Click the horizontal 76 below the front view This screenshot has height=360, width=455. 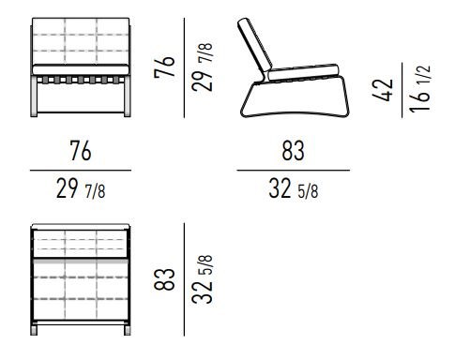80,151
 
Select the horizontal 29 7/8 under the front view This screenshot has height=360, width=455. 80,190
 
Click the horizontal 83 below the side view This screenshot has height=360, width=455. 294,151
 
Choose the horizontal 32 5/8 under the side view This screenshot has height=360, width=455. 294,190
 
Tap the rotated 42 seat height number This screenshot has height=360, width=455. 380,90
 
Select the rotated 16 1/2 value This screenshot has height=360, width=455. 419,90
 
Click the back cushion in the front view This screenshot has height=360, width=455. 80,39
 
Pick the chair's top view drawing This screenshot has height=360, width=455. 80,277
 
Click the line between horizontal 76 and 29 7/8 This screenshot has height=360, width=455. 80,171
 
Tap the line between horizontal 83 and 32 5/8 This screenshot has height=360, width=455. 293,171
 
